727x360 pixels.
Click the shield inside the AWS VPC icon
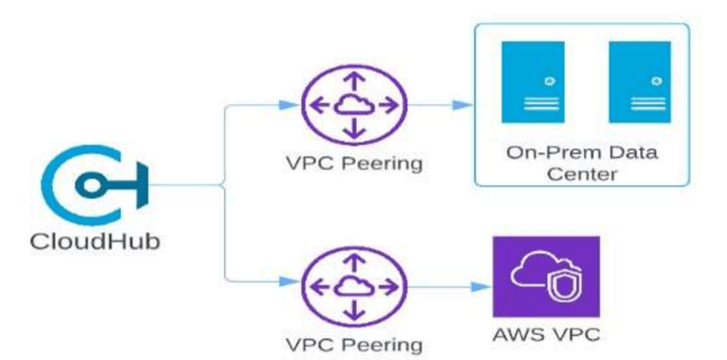coord(560,284)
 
